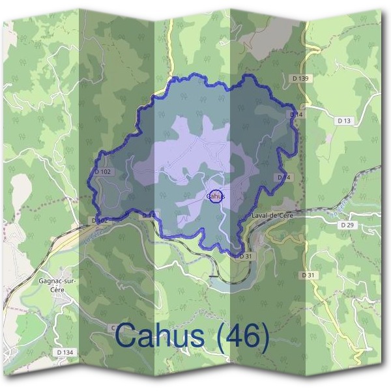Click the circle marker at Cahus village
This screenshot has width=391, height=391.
216,195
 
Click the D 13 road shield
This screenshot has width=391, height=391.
344,121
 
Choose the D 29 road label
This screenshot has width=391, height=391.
346,224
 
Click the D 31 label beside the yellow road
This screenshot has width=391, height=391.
308,276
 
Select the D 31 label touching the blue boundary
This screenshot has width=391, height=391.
245,257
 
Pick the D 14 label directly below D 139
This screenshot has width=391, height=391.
296,115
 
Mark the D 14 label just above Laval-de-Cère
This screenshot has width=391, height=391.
283,177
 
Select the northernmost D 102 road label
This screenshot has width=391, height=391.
103,171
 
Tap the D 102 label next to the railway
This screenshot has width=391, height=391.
98,220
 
